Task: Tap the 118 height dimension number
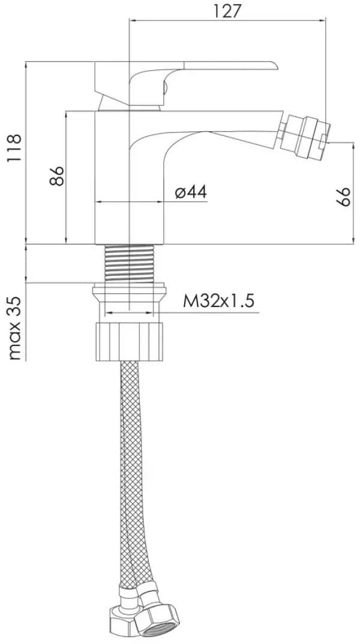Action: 14,148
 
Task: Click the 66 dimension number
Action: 343,197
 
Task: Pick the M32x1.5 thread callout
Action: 218,301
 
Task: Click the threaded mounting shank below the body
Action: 130,263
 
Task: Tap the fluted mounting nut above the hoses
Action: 130,342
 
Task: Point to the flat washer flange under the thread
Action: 130,294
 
